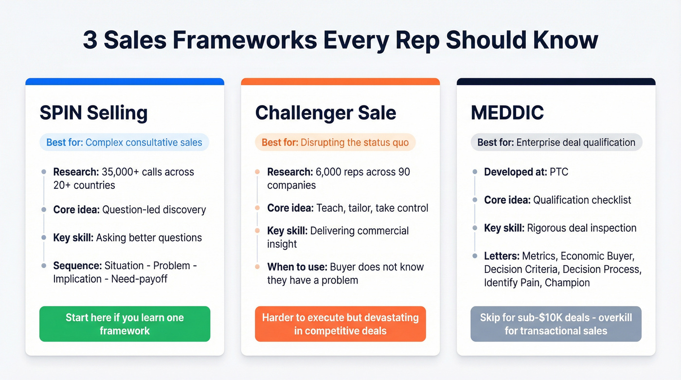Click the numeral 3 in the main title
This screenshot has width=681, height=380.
click(x=90, y=40)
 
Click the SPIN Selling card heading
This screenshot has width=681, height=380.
click(x=93, y=113)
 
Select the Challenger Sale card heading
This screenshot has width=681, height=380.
click(x=325, y=113)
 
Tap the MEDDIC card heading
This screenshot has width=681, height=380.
click(x=507, y=113)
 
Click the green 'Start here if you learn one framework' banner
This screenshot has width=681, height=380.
click(x=125, y=324)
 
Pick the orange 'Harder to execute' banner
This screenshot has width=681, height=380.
click(x=340, y=324)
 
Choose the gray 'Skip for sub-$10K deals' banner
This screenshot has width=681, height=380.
click(x=556, y=324)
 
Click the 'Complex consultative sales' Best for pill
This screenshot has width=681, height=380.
click(x=124, y=143)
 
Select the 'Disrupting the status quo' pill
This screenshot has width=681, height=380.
click(x=335, y=143)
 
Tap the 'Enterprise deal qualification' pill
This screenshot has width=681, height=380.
click(x=556, y=143)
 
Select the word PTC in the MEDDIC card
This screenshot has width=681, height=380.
click(x=558, y=172)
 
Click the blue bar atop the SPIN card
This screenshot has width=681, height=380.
click(x=125, y=82)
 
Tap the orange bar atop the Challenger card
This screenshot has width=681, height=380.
click(x=340, y=82)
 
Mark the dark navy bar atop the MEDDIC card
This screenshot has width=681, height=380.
click(x=556, y=82)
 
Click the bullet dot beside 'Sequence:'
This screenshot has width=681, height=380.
click(x=44, y=266)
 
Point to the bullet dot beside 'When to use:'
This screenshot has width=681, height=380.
click(x=258, y=267)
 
